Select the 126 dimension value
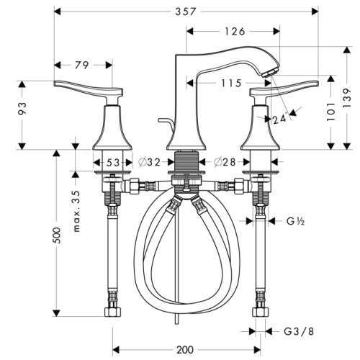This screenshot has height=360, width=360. pos(235,31)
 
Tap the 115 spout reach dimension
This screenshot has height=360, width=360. pos(230,84)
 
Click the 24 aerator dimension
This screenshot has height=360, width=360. pos(279,119)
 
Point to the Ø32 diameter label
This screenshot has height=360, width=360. pos(149,162)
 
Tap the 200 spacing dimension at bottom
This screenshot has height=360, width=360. pos(185,349)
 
